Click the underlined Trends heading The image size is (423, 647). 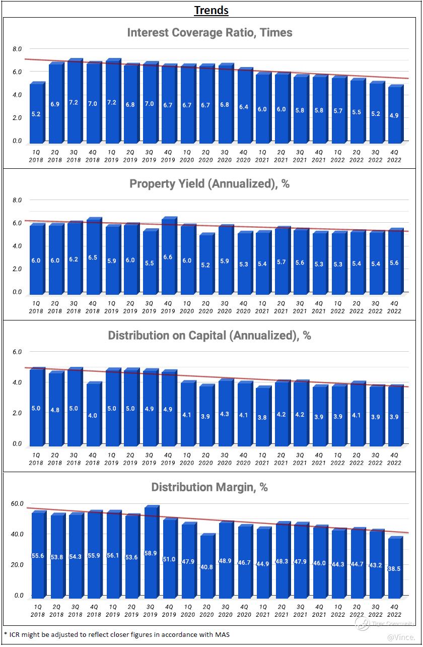pyautogui.click(x=211, y=10)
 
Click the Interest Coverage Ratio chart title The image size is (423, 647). pyautogui.click(x=209, y=33)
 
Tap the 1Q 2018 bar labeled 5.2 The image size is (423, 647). pyautogui.click(x=36, y=113)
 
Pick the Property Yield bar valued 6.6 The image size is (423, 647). pyautogui.click(x=168, y=257)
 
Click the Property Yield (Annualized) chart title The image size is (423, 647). pyautogui.click(x=209, y=184)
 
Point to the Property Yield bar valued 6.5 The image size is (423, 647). pyautogui.click(x=92, y=257)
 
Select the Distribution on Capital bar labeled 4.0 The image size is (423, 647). pyautogui.click(x=92, y=415)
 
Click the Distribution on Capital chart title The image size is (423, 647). pyautogui.click(x=209, y=336)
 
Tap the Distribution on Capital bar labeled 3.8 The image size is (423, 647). pyautogui.click(x=262, y=417)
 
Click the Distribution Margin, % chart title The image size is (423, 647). pyautogui.click(x=209, y=487)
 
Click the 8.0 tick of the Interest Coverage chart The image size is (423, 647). pyautogui.click(x=17, y=49)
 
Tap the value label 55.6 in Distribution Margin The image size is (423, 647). pyautogui.click(x=37, y=555)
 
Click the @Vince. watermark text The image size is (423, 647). pyautogui.click(x=401, y=637)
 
